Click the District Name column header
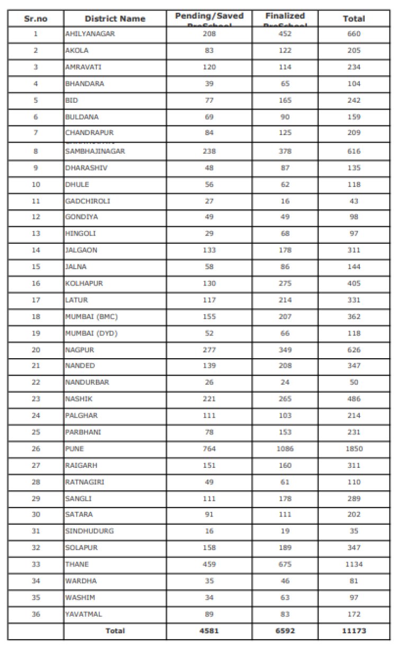point(115,19)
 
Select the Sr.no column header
point(35,19)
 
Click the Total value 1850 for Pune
point(354,449)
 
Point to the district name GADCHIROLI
point(88,201)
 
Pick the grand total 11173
point(354,631)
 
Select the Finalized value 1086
point(285,449)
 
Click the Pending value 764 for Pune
point(209,449)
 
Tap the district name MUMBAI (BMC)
point(91,316)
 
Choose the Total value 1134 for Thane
point(354,564)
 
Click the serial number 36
point(35,614)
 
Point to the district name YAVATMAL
point(84,614)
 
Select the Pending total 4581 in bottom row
point(209,631)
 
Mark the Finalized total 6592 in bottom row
point(285,631)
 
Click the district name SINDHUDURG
point(89,531)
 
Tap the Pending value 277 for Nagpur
point(209,350)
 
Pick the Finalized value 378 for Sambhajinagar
point(285,151)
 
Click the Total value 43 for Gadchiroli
point(354,201)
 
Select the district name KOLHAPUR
point(84,283)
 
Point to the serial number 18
point(35,316)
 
